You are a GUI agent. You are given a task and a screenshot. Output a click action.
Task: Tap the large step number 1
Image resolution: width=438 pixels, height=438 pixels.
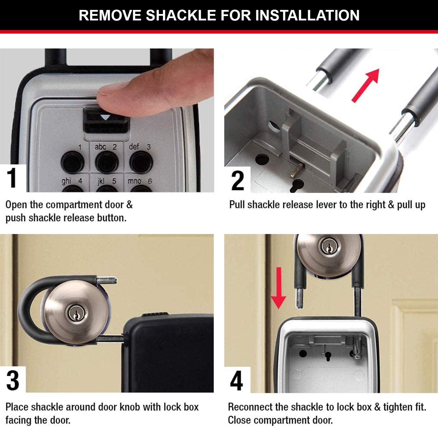[x=12, y=178]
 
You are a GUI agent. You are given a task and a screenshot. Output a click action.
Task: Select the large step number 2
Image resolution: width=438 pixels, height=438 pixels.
[x=238, y=180]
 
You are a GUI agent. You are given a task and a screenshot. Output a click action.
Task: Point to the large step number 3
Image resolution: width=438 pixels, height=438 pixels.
[x=13, y=380]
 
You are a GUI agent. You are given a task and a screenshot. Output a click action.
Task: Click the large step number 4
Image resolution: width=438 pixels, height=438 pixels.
[x=237, y=380]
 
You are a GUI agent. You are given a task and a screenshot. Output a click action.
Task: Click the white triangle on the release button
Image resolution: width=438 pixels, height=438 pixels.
[x=105, y=117]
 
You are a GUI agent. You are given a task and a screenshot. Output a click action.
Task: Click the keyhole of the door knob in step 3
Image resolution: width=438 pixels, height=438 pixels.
[x=74, y=313]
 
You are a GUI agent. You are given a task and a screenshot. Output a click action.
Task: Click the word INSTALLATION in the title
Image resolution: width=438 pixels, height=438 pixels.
[x=307, y=15]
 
